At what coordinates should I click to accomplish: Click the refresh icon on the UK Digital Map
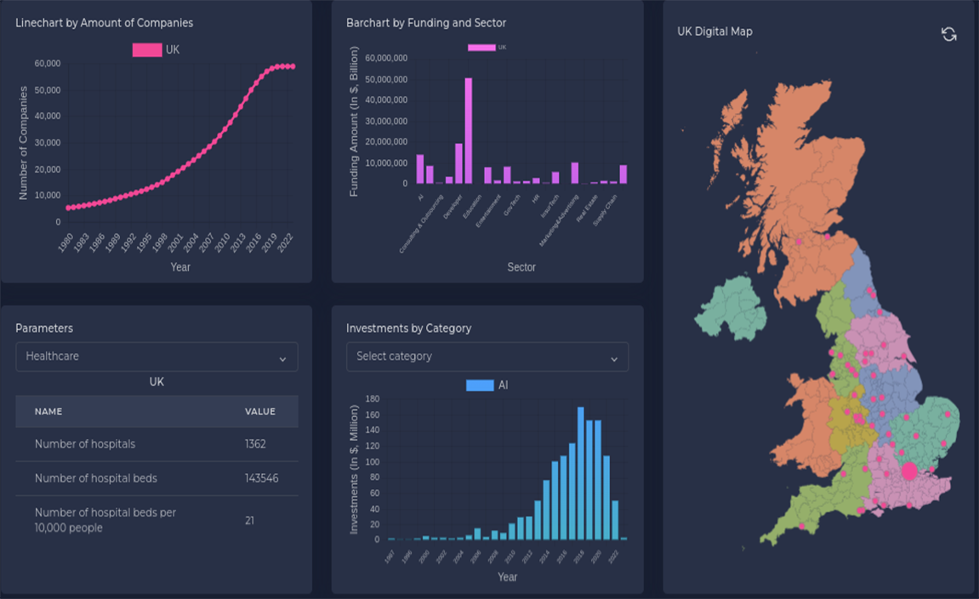point(948,34)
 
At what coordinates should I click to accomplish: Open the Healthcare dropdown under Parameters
point(157,357)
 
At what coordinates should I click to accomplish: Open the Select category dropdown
point(487,357)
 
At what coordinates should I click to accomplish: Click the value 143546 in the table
point(261,478)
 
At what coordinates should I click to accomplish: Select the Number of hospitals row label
point(85,444)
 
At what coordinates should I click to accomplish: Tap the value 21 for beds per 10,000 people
point(249,520)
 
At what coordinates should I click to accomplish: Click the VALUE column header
point(260,412)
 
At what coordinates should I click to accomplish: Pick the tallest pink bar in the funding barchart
point(468,130)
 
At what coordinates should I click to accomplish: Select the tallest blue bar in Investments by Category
point(581,472)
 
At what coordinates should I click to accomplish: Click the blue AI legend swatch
point(480,385)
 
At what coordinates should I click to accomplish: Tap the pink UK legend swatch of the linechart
point(146,50)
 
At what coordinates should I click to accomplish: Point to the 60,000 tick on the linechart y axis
point(48,64)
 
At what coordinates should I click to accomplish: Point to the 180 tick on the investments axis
point(372,398)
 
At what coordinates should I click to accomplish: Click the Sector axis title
point(521,267)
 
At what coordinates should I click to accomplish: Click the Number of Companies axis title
point(24,143)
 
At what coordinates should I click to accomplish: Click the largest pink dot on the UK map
point(909,471)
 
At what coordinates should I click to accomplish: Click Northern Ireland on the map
point(730,311)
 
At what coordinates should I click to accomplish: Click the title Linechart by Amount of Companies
point(104,23)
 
